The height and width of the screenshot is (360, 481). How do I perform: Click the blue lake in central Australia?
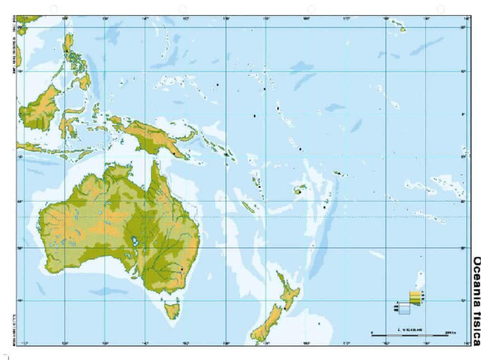(x=135, y=241)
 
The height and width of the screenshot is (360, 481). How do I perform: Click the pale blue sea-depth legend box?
(x=405, y=308)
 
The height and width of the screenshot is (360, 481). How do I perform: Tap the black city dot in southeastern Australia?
(x=182, y=269)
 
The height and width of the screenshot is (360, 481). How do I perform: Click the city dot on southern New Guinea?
(x=173, y=152)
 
